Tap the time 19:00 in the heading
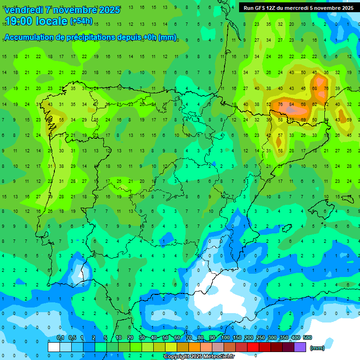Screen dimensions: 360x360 18,21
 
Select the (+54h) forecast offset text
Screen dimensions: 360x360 81,21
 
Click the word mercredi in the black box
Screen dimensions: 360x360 294,8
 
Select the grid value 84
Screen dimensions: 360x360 292,104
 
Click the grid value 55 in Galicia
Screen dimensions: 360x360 61,120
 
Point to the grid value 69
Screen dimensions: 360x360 303,120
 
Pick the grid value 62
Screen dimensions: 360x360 315,104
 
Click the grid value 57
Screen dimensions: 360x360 280,135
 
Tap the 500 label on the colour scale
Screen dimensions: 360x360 307,337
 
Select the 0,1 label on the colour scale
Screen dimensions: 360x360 60,337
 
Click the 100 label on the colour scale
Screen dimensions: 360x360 225,337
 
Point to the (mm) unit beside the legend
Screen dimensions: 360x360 317,348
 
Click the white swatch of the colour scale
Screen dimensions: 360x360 53,347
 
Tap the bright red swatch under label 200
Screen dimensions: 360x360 253,347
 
